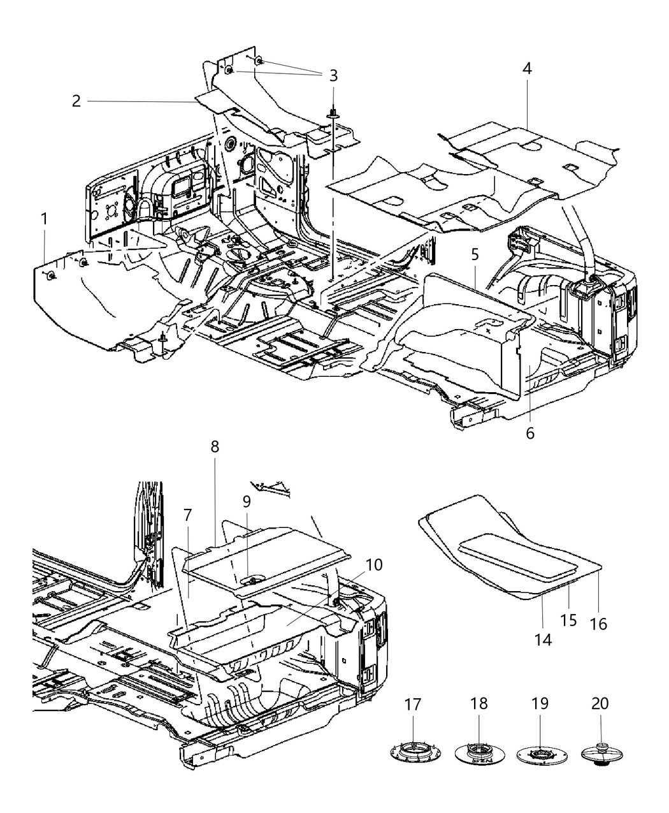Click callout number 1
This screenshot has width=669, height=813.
coord(44,219)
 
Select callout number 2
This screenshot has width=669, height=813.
coord(76,101)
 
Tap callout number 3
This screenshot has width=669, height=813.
coord(333,76)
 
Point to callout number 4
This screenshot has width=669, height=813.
coord(527,68)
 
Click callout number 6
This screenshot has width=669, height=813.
coord(530,433)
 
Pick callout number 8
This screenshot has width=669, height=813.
coord(215,446)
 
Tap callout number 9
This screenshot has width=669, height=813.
coord(247,483)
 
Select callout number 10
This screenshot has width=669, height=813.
coord(374,564)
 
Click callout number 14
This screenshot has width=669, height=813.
coord(543,640)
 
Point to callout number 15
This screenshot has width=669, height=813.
coord(569,620)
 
